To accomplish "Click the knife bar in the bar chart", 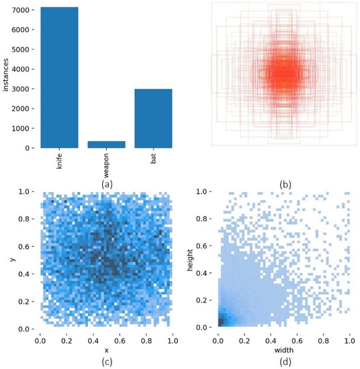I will pyautogui.click(x=58, y=77).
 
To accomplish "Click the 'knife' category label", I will pyautogui.click(x=59, y=162).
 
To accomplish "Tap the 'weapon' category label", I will pyautogui.click(x=107, y=165).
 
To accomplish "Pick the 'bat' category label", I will pyautogui.click(x=154, y=159).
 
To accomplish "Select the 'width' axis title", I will pyautogui.click(x=283, y=350).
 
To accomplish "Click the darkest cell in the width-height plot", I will pyautogui.click(x=219, y=321).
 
